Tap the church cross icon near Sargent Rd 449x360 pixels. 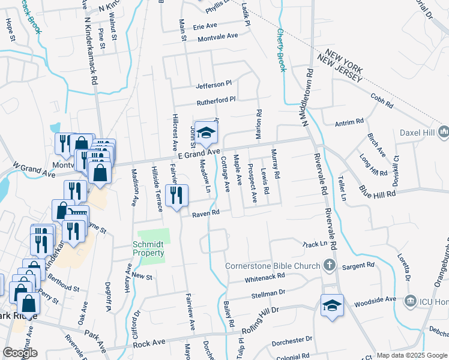pos(329,265)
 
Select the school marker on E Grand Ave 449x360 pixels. pos(206,133)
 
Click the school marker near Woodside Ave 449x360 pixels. pos(332,305)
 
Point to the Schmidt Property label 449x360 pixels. pos(149,248)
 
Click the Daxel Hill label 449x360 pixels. pos(417,131)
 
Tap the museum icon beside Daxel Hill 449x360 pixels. pos(444,131)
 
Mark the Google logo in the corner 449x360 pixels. pos(20,353)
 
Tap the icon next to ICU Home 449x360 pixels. pos(411,299)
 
